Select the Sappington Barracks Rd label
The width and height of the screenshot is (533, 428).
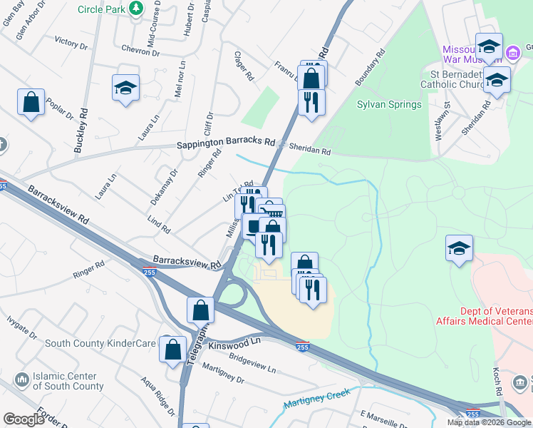(x=226, y=143)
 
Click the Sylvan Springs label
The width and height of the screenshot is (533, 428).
(x=388, y=104)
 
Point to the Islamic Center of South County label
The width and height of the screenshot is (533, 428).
(x=68, y=381)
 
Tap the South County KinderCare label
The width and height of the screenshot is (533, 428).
(x=100, y=343)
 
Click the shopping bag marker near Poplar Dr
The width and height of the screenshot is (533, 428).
(x=31, y=102)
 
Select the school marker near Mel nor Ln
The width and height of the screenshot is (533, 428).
(x=125, y=88)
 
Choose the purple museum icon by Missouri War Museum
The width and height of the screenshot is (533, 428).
(x=512, y=53)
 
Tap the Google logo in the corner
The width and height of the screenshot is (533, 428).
(x=24, y=419)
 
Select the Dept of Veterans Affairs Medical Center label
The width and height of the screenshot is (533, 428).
(x=485, y=315)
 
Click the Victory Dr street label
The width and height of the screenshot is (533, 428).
(x=71, y=44)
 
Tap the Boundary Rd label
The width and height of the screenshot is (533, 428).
(x=370, y=68)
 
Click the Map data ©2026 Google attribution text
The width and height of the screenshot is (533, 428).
(x=489, y=422)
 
